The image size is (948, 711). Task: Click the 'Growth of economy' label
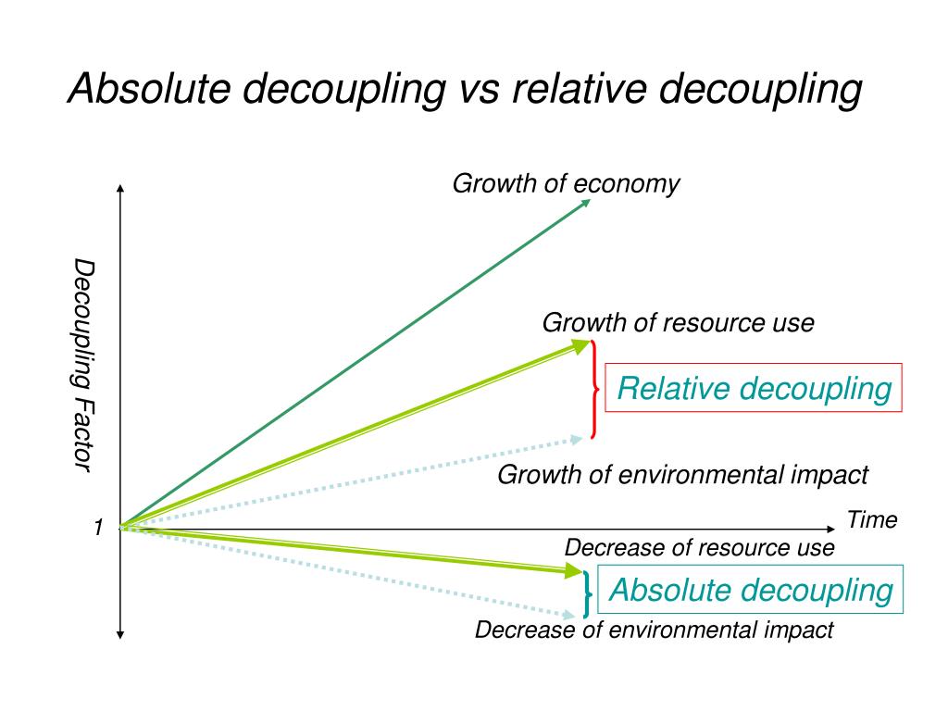pos(566,184)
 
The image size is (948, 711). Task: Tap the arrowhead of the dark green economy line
pos(585,201)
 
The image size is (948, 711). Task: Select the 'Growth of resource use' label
pos(678,323)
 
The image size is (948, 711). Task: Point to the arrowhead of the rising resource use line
pos(581,346)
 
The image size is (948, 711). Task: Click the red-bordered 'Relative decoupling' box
pos(754,388)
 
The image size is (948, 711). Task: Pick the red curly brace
pos(593,389)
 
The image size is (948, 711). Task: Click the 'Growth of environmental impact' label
pos(682,475)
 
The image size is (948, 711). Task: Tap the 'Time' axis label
pos(871,520)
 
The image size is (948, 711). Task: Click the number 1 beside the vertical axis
pos(97,528)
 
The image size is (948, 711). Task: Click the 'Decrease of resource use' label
pos(699,548)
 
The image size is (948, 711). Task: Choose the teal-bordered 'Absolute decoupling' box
pos(750,590)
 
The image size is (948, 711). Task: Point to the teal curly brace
pos(587,592)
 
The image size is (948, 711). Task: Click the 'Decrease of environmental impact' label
pos(654,630)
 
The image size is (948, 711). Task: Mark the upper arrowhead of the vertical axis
pos(120,189)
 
